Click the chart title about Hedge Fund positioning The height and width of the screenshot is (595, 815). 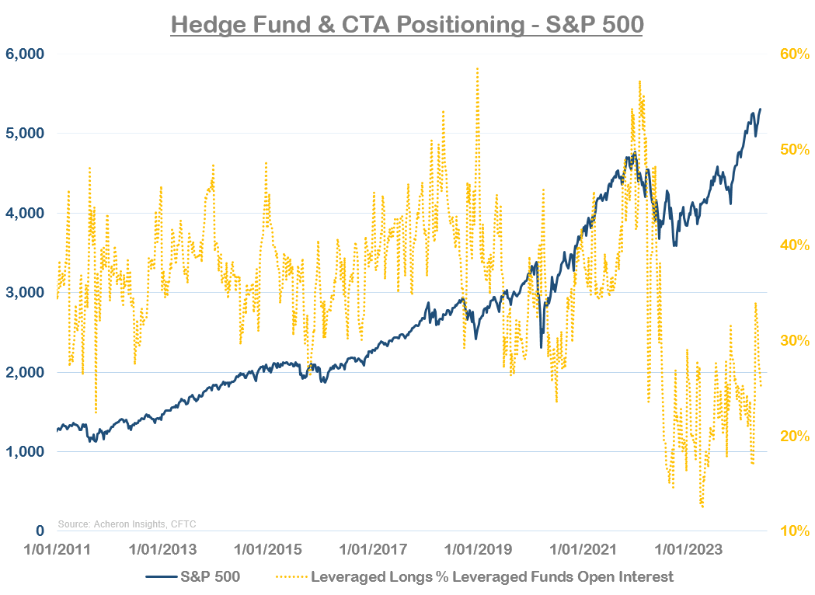coord(406,24)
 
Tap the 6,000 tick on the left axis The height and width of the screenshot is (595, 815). coord(25,54)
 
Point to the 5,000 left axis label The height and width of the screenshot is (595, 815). coord(25,134)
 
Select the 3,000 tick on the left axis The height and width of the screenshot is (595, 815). coord(25,293)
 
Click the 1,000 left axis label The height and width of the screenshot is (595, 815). coord(25,452)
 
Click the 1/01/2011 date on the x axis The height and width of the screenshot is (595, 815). coord(57,550)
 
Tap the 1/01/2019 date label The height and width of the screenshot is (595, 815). coord(478,550)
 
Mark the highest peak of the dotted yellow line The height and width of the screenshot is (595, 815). coord(476,68)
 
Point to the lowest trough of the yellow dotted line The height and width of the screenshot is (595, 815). coord(702,506)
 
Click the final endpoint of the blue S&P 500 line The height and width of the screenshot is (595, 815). coord(760,110)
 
